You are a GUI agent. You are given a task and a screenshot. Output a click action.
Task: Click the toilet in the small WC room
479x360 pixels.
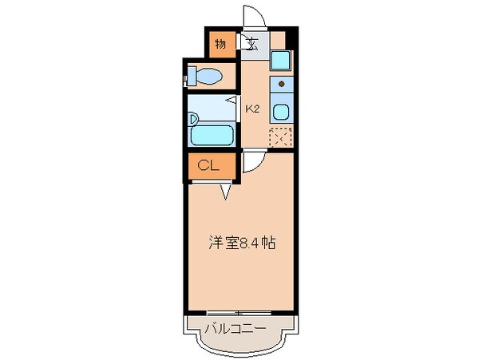tap(209, 77)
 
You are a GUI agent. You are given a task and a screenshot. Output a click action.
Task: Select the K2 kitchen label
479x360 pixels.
tap(252, 109)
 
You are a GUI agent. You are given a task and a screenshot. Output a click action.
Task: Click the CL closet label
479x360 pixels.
tap(209, 166)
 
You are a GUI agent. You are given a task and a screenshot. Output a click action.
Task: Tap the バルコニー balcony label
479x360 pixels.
tap(237, 327)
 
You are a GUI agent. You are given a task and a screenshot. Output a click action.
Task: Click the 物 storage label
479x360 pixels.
tap(220, 44)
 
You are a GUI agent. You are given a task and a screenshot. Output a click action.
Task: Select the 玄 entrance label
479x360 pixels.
tap(251, 44)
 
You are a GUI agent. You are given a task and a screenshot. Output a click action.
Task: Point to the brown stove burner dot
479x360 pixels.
tap(281, 83)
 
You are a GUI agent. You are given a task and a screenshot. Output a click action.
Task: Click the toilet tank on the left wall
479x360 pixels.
tap(190, 77)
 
